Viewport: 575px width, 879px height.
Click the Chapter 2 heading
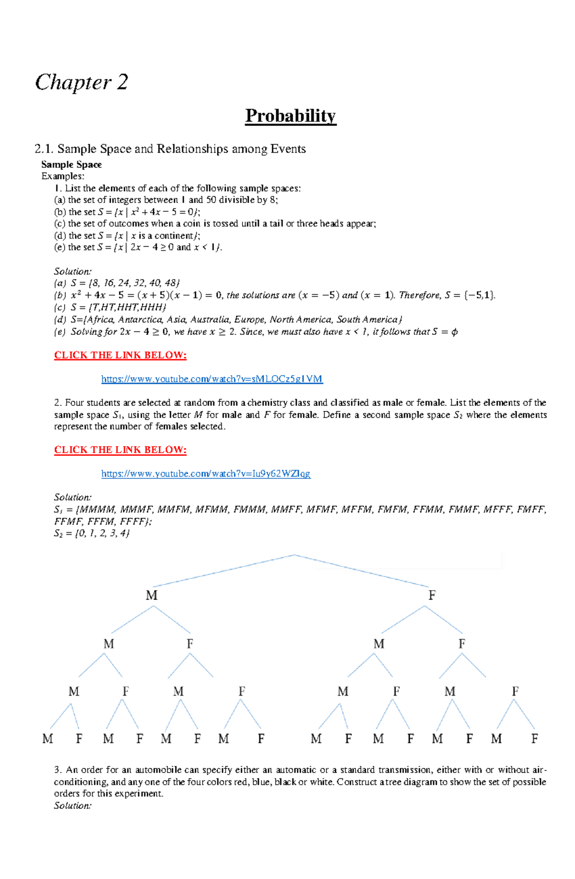click(x=81, y=82)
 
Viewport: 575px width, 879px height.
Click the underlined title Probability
click(x=290, y=116)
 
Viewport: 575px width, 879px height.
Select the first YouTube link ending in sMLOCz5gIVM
click(x=212, y=379)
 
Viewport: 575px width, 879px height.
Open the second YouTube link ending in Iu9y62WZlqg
click(x=206, y=474)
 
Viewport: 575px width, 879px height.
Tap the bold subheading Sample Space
click(x=71, y=164)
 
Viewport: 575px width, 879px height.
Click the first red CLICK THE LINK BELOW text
click(x=120, y=355)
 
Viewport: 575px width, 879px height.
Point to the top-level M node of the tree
click(x=151, y=595)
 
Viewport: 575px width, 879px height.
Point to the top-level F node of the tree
click(x=432, y=595)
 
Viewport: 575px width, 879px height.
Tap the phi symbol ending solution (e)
click(x=454, y=331)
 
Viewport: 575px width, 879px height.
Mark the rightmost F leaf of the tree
click(x=534, y=739)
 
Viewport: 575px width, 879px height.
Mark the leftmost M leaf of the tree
click(x=47, y=739)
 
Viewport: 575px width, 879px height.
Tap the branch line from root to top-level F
click(x=362, y=571)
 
